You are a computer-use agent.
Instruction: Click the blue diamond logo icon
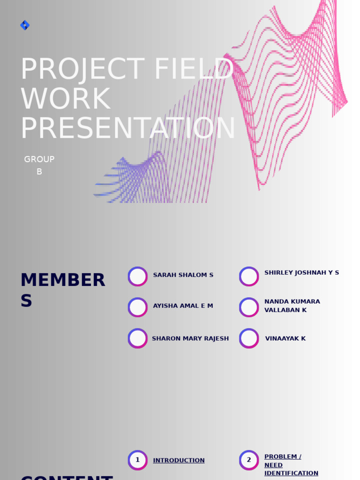25,25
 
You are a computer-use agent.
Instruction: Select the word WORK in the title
66,99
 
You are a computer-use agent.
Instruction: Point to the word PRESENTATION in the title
127,128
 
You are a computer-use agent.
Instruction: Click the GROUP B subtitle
39,165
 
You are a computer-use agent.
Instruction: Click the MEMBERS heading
62,290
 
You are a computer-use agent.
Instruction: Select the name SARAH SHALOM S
183,275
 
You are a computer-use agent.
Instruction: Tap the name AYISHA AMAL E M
183,306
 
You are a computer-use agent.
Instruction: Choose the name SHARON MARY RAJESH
190,338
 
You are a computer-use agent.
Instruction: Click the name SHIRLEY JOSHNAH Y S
301,273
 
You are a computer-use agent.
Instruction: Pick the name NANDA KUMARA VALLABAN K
292,306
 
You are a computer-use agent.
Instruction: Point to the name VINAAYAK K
285,338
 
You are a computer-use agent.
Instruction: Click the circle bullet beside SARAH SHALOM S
138,277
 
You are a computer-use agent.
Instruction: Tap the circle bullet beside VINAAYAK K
249,338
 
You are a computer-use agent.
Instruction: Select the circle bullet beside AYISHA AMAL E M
138,307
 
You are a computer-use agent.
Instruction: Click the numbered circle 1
138,460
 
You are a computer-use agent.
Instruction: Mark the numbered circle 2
249,460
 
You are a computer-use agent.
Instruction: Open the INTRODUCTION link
179,461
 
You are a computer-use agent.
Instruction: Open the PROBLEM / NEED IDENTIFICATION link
291,465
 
